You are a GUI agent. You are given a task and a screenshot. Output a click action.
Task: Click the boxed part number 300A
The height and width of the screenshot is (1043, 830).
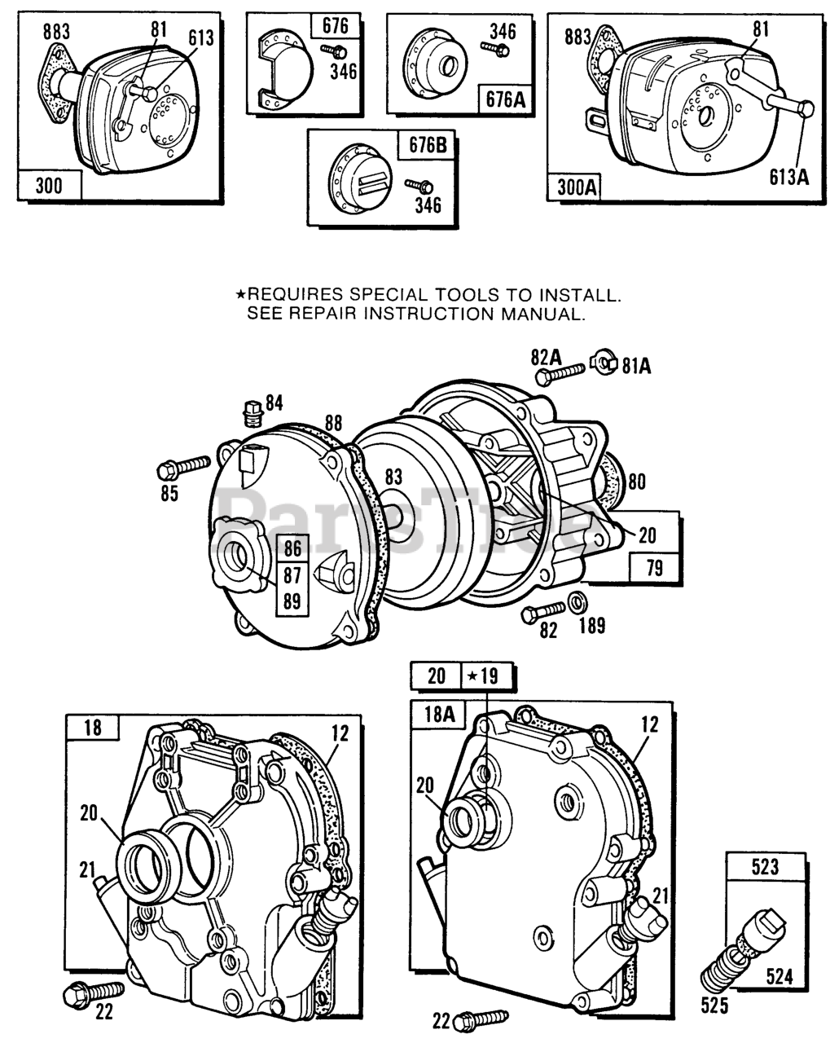pyautogui.click(x=576, y=187)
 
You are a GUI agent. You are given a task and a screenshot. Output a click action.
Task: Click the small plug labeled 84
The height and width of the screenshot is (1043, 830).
pyautogui.click(x=253, y=412)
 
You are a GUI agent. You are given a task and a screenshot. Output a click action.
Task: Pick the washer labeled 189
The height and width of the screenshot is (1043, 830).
pyautogui.click(x=577, y=604)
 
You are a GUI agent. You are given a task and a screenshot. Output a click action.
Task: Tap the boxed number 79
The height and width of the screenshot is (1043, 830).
pyautogui.click(x=654, y=568)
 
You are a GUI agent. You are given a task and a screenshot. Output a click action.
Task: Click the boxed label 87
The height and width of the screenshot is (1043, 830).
pyautogui.click(x=293, y=574)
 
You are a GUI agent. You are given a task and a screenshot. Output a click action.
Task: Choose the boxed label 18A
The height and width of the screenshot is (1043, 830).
pyautogui.click(x=437, y=715)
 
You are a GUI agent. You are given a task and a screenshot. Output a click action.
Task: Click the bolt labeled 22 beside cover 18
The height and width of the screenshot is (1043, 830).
pyautogui.click(x=93, y=992)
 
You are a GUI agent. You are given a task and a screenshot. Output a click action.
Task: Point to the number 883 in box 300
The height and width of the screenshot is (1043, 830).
pyautogui.click(x=56, y=31)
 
